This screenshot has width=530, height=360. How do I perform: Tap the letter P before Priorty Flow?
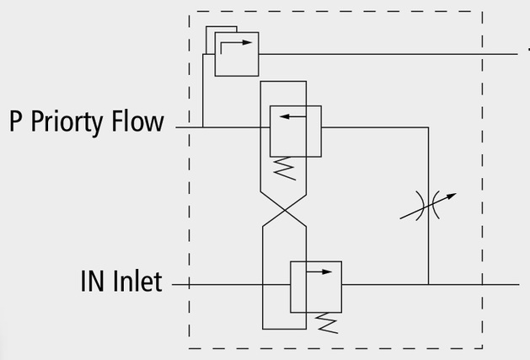coord(15,121)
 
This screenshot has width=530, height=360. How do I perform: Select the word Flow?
coord(138,121)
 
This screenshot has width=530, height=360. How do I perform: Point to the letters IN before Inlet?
coord(92,281)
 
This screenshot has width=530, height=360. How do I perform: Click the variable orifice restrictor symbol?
coord(428,206)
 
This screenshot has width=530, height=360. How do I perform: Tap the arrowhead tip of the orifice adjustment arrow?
coord(457,194)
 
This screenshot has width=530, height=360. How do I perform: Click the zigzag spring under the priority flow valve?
coord(285,168)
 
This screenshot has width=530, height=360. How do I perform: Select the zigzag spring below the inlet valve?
coord(326,323)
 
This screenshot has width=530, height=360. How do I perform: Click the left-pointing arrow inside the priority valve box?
coord(293,116)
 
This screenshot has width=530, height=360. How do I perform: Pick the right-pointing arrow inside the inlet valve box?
coord(319,271)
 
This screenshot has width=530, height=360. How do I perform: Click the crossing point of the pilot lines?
coord(285,211)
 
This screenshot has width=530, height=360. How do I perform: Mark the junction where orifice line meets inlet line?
coord(428,285)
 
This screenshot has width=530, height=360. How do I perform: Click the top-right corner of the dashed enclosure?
coord(482,11)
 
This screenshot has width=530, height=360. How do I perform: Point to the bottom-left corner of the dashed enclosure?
coord(189,348)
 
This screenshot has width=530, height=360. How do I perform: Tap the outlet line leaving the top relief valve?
coord(388,54)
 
